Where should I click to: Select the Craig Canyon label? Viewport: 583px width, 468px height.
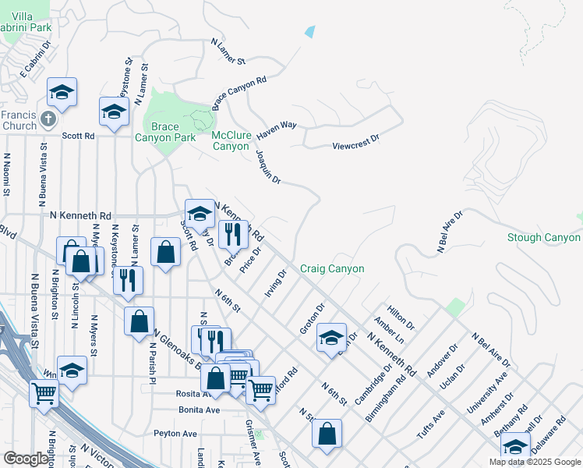[332, 269]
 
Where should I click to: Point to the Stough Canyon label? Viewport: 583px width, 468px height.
[543, 238]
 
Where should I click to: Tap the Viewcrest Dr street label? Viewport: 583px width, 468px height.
[355, 143]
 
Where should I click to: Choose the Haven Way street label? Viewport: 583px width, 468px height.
[277, 129]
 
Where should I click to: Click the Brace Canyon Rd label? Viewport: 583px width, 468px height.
[239, 93]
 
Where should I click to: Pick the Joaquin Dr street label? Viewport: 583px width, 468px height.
[267, 165]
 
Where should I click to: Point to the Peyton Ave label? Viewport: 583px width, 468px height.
[176, 433]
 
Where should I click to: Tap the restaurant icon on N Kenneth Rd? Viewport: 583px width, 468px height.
[233, 233]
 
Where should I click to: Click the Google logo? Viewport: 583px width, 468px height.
[26, 459]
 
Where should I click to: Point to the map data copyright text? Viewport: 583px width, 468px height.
[534, 462]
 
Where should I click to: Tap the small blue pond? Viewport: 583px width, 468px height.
[311, 32]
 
